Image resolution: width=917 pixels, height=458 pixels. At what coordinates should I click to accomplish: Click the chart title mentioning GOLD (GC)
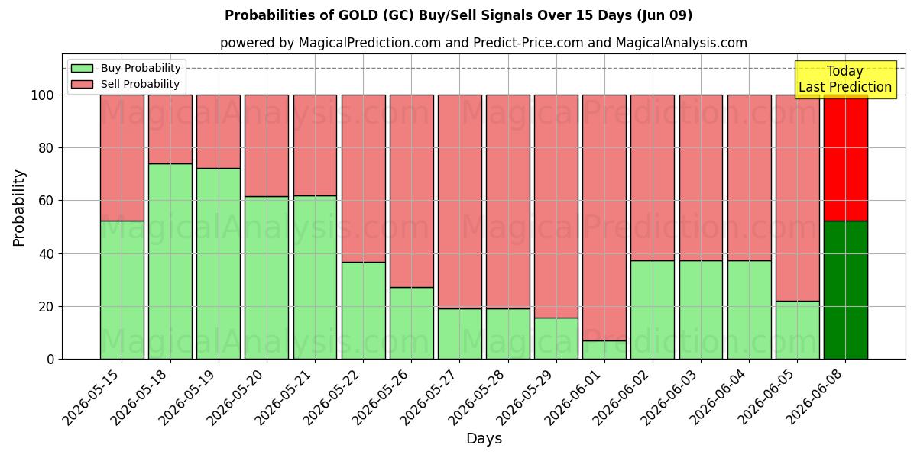pos(458,15)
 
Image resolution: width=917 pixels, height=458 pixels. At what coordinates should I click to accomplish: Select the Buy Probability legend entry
pos(125,68)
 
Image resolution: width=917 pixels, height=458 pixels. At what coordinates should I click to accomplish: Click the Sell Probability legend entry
pos(125,84)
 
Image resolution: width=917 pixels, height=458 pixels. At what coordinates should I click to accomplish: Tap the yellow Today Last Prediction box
pos(845,79)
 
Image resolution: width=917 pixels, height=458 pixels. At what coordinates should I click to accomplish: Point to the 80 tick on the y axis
pos(46,148)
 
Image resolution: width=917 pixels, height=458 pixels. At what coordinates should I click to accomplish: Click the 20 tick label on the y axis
pos(46,307)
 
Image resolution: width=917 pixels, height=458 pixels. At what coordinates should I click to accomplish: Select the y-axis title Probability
pos(19,208)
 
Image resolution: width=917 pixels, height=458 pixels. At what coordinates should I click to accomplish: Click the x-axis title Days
pos(484,438)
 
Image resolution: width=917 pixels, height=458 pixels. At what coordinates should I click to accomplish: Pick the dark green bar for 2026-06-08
pos(846,290)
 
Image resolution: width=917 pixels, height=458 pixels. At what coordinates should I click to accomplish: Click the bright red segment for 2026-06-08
pos(846,158)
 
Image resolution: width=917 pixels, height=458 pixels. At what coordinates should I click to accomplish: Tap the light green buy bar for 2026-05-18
pos(170,261)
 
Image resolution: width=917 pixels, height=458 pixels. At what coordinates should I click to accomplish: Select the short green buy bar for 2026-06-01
pos(604,350)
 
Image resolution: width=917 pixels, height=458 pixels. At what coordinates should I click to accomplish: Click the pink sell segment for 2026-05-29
pos(556,207)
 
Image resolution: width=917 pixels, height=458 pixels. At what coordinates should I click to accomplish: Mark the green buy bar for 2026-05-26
pos(411,323)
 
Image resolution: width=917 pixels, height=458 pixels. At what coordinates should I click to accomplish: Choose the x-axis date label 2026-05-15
pos(93,398)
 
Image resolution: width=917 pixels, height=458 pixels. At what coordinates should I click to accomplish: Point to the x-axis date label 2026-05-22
pos(334,398)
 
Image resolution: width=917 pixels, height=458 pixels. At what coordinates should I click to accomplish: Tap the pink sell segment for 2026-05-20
pos(267,146)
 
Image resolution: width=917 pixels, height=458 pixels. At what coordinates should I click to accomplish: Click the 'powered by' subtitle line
pos(484,43)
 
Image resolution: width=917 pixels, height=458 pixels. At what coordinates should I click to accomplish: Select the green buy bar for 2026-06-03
pos(702,310)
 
